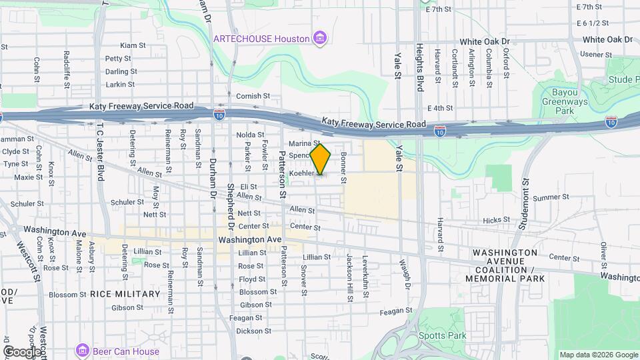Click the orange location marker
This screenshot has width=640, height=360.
coord(320,159)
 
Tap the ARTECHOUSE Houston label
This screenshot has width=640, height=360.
coord(261,39)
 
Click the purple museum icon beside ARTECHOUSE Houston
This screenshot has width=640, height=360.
coord(321,38)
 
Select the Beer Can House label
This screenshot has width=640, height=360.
coord(126,351)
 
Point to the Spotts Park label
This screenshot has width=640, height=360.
coord(443,336)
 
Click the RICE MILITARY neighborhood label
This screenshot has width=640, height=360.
coord(125,294)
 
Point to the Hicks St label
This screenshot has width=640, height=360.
coord(496,219)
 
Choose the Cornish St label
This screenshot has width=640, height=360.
coord(253,96)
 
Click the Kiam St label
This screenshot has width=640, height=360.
coord(133,45)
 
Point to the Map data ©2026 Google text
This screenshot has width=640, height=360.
coord(598,355)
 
